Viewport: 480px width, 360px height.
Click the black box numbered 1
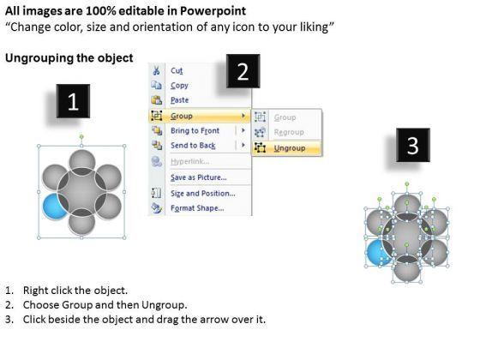[x=73, y=101]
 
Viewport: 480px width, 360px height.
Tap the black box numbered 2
[x=243, y=71]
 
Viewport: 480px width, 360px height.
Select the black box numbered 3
[x=413, y=145]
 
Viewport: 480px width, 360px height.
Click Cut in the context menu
[x=177, y=71]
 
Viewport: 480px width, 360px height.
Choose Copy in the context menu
[x=179, y=86]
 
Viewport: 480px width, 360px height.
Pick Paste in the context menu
[x=180, y=100]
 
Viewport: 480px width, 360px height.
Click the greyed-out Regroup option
[x=289, y=133]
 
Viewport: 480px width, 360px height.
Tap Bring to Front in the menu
[x=195, y=130]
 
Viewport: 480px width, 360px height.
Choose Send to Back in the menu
[x=193, y=146]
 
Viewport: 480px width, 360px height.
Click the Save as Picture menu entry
[x=199, y=177]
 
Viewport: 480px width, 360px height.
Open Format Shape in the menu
[x=197, y=208]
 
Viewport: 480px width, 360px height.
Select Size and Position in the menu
[x=203, y=194]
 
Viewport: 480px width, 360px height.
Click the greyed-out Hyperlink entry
[x=190, y=162]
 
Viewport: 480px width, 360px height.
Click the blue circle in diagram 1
[x=53, y=206]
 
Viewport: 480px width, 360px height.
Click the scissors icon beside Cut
[x=156, y=70]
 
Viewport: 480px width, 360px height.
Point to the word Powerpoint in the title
[x=213, y=11]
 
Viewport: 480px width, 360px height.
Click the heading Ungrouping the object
[x=69, y=58]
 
